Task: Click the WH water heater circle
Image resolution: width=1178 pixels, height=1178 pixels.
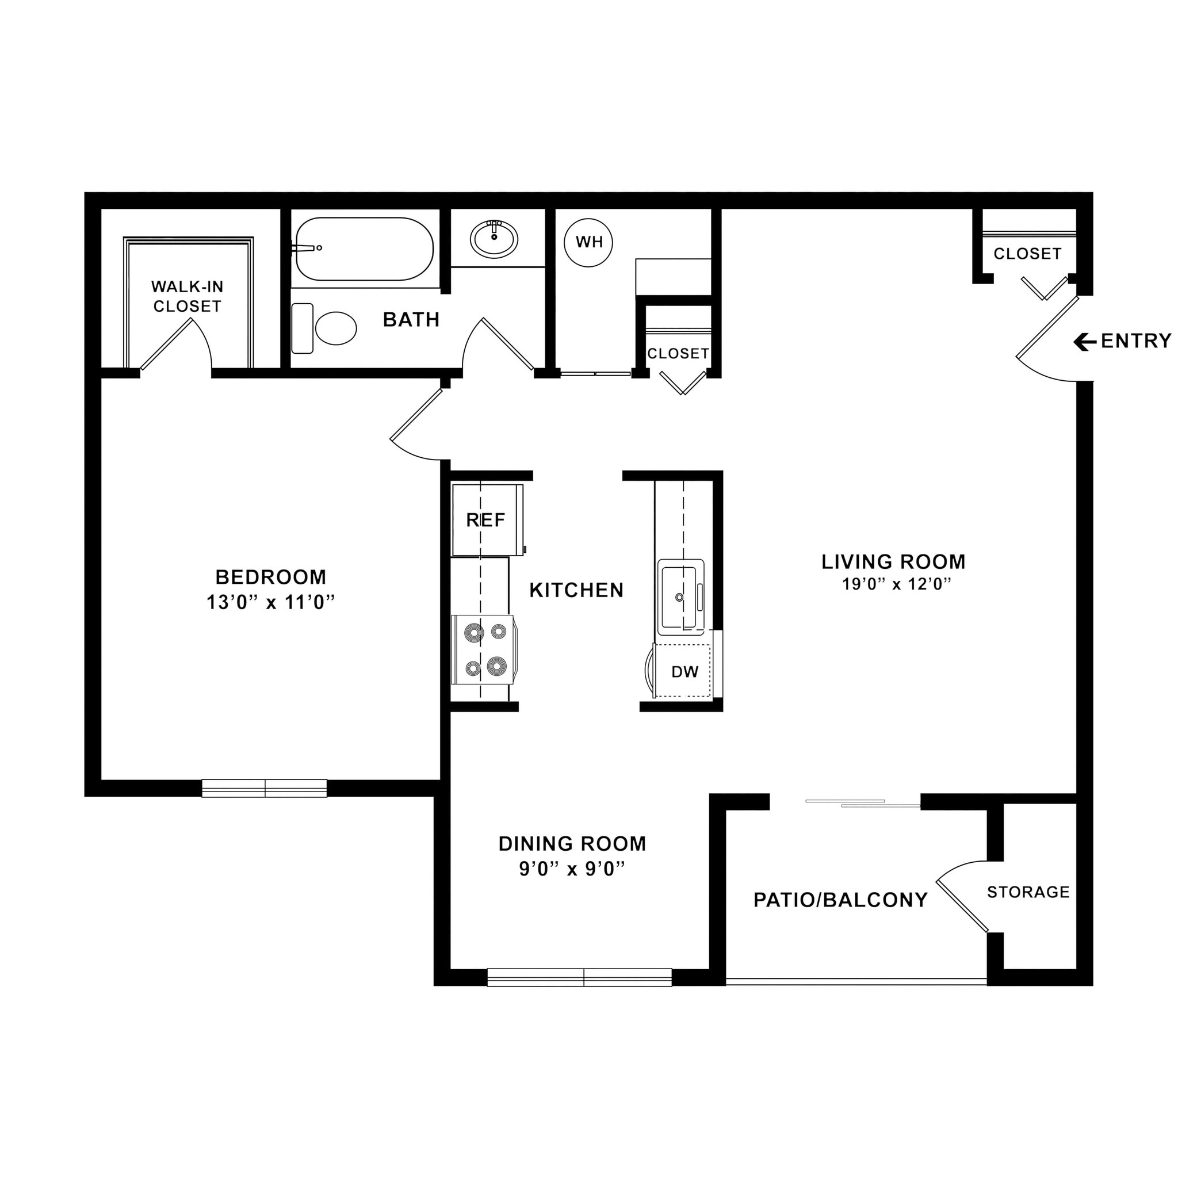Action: (588, 243)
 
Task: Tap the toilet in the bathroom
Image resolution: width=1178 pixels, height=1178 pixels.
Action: (334, 328)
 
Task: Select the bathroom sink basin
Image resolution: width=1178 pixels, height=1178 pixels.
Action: (494, 239)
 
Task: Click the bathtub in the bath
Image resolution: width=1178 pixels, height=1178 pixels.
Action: (365, 248)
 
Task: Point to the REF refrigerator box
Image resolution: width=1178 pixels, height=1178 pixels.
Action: (487, 520)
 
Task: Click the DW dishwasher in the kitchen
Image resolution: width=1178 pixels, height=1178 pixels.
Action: (684, 672)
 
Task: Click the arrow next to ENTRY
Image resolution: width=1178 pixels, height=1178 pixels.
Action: (1085, 342)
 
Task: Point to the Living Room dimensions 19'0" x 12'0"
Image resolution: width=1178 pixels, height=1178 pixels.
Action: (896, 585)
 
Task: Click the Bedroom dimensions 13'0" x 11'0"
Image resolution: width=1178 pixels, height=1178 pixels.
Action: (271, 603)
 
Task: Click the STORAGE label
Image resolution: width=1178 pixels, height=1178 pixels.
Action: (1028, 893)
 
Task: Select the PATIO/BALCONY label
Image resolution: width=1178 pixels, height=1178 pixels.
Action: (840, 901)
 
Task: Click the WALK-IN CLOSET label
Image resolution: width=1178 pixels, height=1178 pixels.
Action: (187, 296)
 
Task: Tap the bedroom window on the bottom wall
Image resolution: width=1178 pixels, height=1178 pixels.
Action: (265, 789)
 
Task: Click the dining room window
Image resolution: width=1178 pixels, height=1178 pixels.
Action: (579, 977)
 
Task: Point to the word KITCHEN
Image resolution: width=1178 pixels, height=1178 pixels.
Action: (576, 590)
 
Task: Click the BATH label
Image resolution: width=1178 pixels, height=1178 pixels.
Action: (411, 319)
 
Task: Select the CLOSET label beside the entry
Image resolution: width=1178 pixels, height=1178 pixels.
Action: (1027, 254)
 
